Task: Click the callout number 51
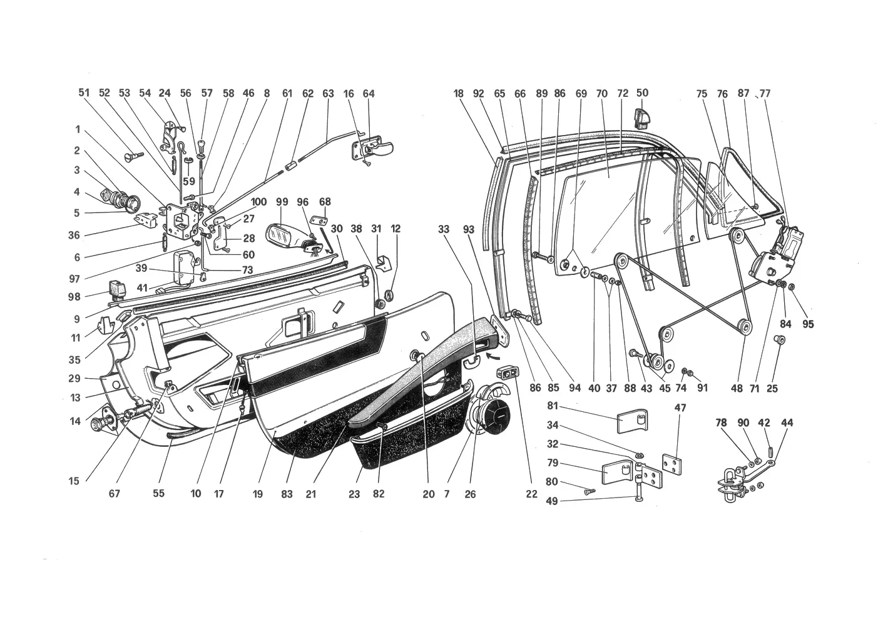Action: [84, 92]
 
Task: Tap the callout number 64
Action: [369, 94]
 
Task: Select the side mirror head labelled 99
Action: [281, 234]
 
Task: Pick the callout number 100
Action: [258, 202]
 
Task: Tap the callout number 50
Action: [642, 92]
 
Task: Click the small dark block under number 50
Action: [642, 119]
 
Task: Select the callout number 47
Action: [680, 407]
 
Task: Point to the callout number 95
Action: [808, 324]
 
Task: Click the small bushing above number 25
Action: [779, 339]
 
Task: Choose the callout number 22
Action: [531, 494]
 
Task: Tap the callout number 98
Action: [74, 297]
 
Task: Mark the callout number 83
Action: [287, 494]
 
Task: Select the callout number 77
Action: [765, 94]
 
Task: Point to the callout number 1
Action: [78, 129]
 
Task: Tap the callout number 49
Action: [551, 501]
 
